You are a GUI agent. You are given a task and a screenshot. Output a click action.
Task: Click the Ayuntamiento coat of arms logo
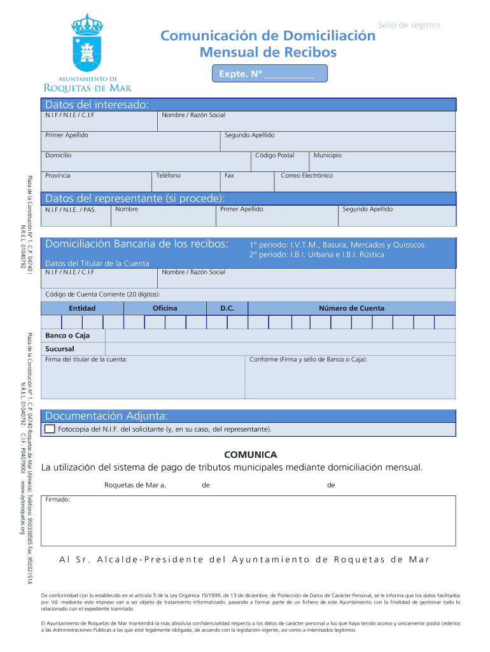pos(87,45)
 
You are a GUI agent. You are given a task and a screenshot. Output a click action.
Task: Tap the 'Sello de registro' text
pos(409,25)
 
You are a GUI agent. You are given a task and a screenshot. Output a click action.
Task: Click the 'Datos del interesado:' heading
pos(96,104)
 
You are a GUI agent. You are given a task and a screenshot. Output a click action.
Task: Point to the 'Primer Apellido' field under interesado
pos(67,136)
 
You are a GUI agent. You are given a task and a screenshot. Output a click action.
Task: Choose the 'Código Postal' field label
pos(274,155)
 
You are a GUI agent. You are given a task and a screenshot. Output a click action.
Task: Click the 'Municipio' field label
pos(327,155)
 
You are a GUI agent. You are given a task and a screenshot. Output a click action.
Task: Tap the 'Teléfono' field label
pos(168,175)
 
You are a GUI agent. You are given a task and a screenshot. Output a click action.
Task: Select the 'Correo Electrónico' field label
pos(307,175)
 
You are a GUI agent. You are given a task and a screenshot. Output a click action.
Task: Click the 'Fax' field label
pos(229,175)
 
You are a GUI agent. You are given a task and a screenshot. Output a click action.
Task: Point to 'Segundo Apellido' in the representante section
pos(367,209)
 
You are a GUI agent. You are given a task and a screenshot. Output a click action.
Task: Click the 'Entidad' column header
pos(82,308)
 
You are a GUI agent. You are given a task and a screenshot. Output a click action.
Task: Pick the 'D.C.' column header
pos(227,308)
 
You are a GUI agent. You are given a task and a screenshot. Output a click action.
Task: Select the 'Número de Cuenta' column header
pos(351,308)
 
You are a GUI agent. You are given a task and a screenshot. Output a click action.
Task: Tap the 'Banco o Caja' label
pos(67,336)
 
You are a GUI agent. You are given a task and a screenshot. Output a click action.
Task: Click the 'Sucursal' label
pos(60,349)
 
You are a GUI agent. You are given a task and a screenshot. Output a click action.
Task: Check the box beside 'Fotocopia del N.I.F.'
pos(50,429)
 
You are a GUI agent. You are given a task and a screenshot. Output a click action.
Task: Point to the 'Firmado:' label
pos(57,500)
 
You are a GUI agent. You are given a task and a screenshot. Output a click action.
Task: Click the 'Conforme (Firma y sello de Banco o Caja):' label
pos(308,360)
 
